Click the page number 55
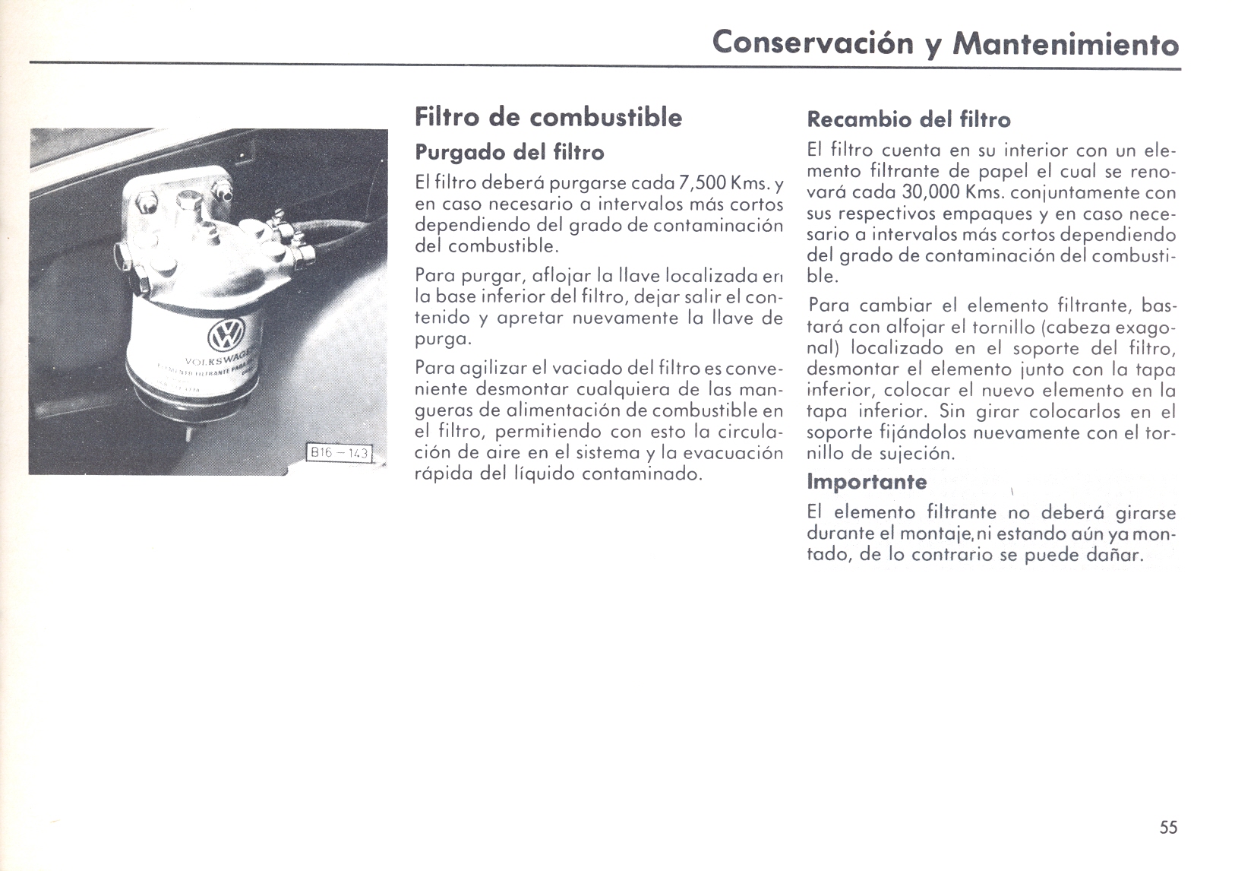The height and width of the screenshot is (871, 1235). [x=1168, y=828]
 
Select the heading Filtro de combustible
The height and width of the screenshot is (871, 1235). [x=548, y=118]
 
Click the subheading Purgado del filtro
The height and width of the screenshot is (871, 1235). [x=509, y=153]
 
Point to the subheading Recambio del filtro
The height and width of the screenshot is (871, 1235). [x=908, y=120]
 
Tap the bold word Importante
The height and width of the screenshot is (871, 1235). [x=866, y=482]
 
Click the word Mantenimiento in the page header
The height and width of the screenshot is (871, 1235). [x=1065, y=43]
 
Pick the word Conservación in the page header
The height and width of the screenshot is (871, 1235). [x=813, y=42]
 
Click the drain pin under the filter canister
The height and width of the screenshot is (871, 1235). [x=189, y=435]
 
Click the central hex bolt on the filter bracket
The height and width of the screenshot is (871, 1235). [x=187, y=201]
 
